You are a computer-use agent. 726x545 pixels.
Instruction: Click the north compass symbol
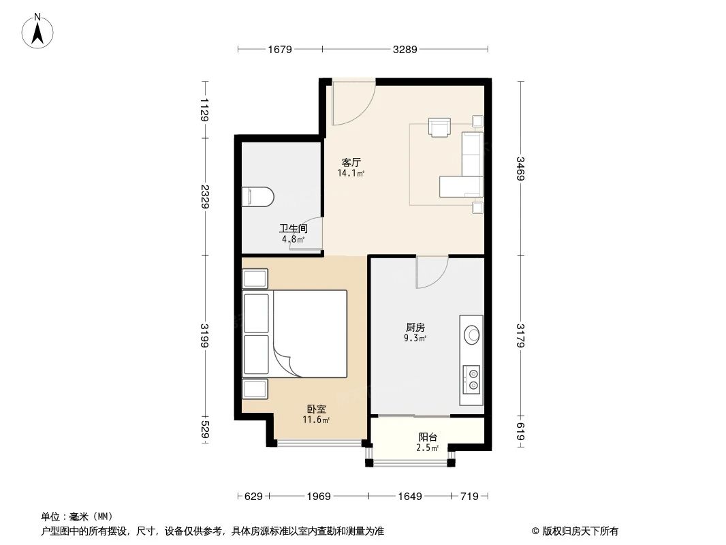coord(39,31)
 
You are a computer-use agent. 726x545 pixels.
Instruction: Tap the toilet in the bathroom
coord(257,197)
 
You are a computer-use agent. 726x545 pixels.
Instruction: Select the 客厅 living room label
coord(351,163)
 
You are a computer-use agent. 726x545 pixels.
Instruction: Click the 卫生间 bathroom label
coord(293,230)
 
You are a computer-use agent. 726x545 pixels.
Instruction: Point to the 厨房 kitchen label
coord(414,328)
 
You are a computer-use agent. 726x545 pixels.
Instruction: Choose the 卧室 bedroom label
coord(316,409)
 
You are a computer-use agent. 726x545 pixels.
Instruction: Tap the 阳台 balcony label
coord(427,437)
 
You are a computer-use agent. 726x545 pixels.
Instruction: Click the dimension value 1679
coord(280,49)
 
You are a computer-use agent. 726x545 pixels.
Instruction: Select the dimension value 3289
coord(405,49)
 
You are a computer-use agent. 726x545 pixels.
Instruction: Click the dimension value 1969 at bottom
coord(317,497)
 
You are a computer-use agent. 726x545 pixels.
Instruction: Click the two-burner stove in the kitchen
coord(471,379)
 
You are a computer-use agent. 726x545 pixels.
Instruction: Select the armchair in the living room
coord(439,127)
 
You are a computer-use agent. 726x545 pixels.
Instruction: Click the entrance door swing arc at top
coord(354,102)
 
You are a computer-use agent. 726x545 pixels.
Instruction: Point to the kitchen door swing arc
coord(432,272)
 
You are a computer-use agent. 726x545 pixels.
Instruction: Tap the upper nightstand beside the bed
coord(255,279)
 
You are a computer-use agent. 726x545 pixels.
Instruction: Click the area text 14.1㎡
coord(351,174)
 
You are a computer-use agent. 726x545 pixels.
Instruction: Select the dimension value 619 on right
coord(520,431)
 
